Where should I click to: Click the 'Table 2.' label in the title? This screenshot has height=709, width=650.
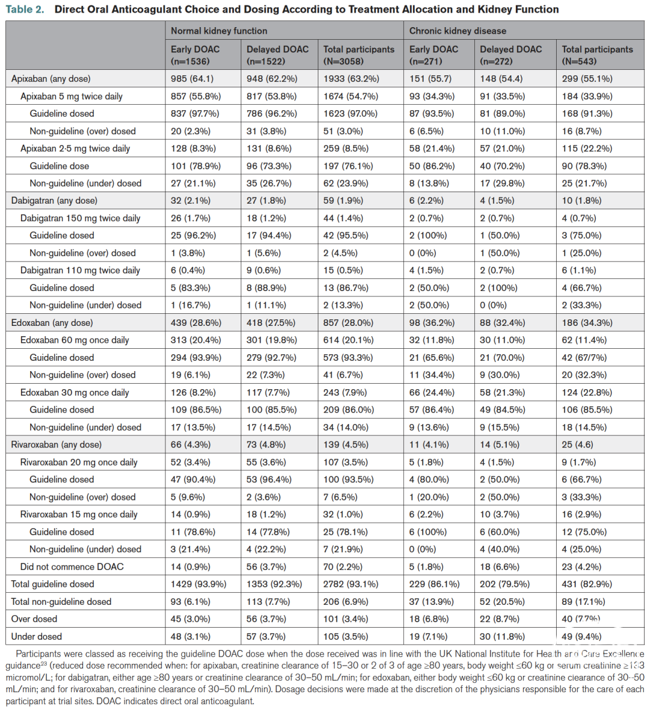pos(25,10)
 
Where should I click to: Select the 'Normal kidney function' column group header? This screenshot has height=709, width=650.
pos(218,31)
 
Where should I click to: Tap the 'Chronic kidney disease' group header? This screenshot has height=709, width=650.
pos(457,31)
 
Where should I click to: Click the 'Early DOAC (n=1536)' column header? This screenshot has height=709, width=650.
pos(195,55)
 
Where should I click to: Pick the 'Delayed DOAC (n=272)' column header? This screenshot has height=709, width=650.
pos(510,55)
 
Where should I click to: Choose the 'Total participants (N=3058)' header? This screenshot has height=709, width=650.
pos(359,55)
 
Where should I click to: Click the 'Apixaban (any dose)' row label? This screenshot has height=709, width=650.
pos(51,78)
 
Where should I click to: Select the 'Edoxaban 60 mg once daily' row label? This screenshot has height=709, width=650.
pos(75,340)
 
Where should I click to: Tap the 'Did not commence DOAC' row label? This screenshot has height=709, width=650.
pos(72,567)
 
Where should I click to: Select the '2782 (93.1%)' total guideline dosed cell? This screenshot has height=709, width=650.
pos(351,584)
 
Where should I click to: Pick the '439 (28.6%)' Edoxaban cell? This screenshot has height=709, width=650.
pos(196,323)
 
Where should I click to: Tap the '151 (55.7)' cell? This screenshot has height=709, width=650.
pos(430,78)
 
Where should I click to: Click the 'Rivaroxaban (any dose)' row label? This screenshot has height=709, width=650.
pos(56,445)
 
